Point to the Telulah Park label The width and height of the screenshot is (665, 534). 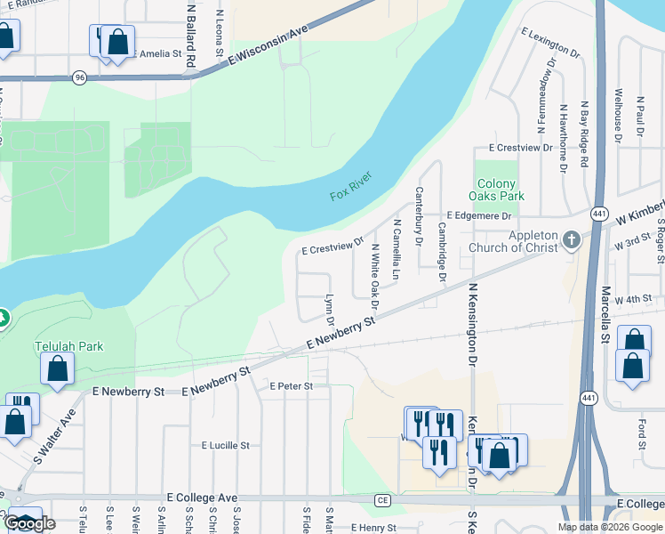(69, 346)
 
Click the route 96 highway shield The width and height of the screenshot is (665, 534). (80, 77)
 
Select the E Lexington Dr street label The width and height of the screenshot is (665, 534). (551, 44)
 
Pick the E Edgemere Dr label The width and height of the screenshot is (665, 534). (480, 216)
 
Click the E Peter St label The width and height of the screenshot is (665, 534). (292, 386)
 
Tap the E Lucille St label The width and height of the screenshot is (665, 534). (226, 445)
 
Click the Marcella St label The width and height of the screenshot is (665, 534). (604, 315)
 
